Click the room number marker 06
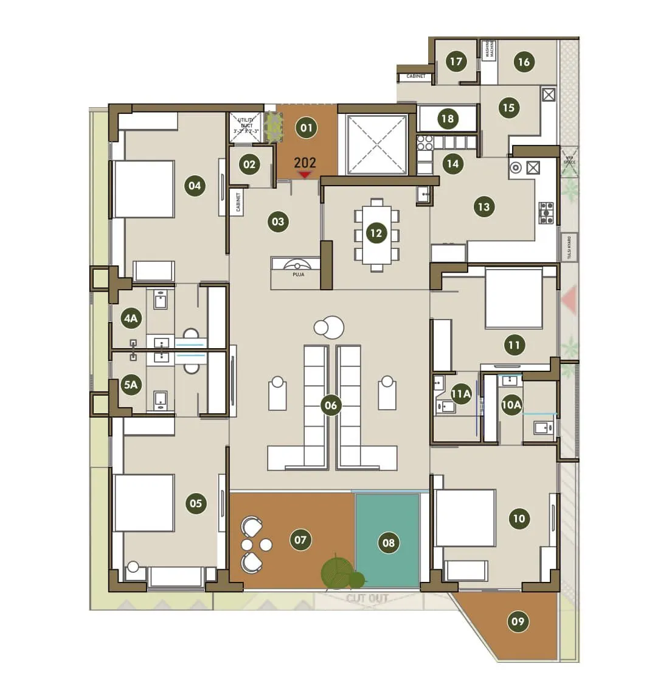coord(330,405)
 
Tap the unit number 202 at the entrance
coord(305,163)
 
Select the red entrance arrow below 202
coord(305,175)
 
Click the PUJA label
coord(298,275)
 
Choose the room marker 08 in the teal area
coord(388,543)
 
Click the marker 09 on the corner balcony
coord(518,621)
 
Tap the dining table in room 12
coord(377,234)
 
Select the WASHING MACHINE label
coord(490,50)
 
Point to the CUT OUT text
coord(367,598)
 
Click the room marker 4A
coord(131,318)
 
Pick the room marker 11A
coord(461,394)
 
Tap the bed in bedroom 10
coord(465,517)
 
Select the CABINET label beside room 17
coord(416,77)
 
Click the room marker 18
coord(448,118)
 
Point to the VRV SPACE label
coord(569,159)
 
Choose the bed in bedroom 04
coord(144,189)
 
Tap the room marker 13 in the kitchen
coord(484,207)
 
